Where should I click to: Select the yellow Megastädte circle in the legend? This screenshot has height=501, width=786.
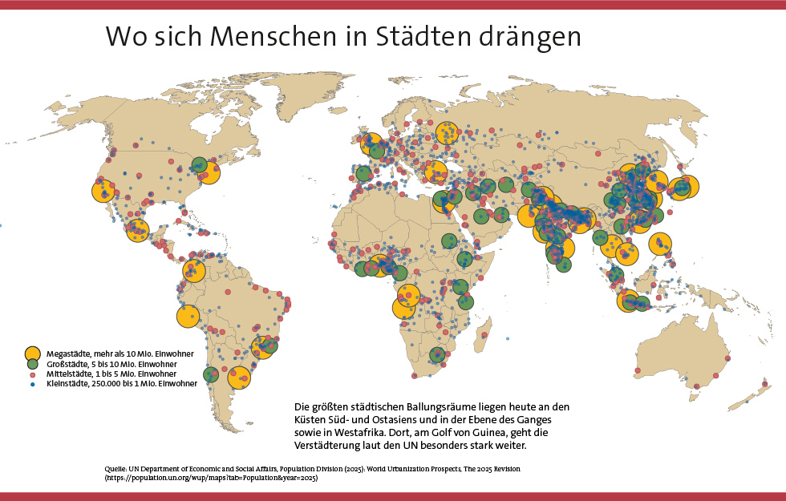(x=32, y=353)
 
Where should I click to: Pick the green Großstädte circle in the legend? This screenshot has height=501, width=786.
(x=32, y=364)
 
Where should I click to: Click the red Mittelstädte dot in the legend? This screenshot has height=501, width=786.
(x=32, y=374)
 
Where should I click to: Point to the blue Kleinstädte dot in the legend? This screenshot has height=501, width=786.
(x=32, y=384)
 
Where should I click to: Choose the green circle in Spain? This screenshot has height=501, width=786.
(x=363, y=173)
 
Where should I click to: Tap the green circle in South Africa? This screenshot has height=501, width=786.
(x=437, y=355)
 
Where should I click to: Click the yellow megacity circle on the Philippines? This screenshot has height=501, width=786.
(x=660, y=244)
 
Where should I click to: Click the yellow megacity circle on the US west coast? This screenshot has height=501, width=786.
(x=103, y=191)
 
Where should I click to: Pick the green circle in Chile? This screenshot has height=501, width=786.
(x=212, y=374)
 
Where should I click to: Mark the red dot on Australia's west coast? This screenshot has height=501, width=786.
(x=637, y=370)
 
